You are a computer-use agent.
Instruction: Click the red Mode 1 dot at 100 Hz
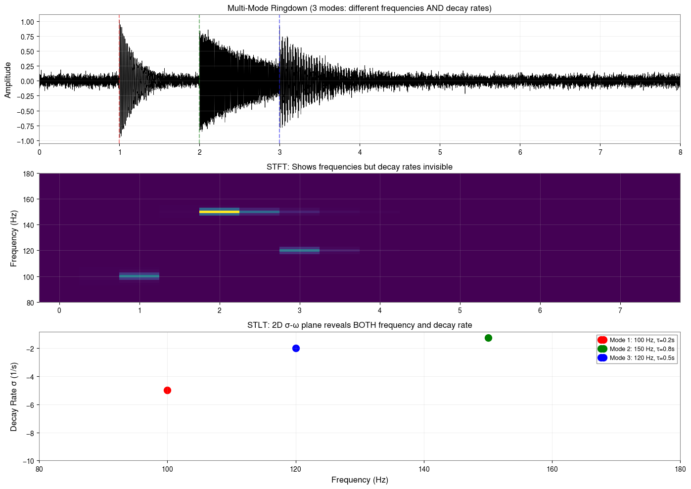167,390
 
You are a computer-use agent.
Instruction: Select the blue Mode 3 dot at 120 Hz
296,348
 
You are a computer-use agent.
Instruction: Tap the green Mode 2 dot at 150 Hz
488,338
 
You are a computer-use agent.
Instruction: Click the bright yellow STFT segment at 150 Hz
219,212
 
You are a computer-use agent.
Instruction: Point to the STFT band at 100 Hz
139,276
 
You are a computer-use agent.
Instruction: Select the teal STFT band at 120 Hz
299,251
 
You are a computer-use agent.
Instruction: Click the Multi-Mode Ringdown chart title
359,8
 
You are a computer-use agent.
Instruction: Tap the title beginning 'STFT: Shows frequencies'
359,167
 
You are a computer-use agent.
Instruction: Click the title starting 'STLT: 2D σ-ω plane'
359,325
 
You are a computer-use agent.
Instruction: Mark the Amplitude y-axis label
8,80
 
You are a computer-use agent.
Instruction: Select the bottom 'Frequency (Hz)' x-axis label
359,480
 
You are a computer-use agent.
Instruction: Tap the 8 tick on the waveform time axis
680,152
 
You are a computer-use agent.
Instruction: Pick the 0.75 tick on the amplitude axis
27,37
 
